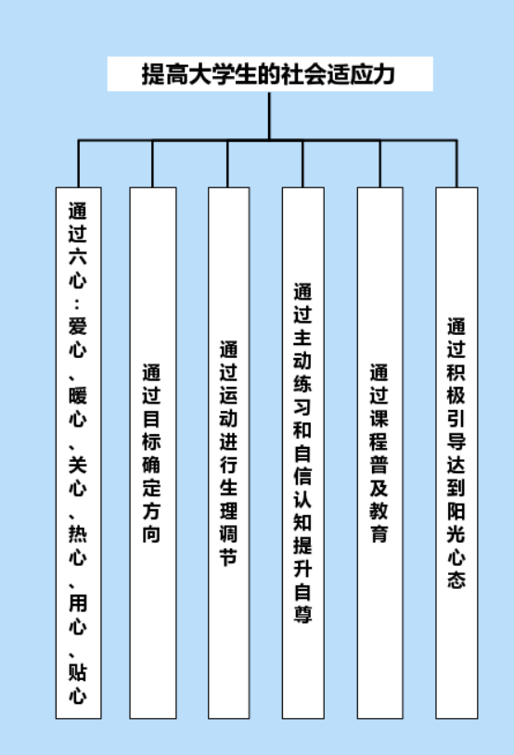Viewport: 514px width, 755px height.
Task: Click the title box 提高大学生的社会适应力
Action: click(x=270, y=73)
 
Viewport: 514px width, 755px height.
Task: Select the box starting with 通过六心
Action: click(x=79, y=453)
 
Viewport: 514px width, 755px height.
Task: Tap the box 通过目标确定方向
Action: click(x=153, y=453)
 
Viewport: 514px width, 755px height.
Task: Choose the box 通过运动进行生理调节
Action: click(x=229, y=453)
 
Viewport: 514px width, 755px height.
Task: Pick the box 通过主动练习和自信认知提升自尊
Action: click(x=303, y=453)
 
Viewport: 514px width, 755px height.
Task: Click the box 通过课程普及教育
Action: click(x=379, y=453)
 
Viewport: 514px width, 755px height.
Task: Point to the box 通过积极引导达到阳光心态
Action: click(x=456, y=453)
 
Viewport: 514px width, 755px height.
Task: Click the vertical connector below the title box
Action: click(x=269, y=116)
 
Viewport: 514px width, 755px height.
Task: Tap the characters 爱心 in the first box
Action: click(x=78, y=337)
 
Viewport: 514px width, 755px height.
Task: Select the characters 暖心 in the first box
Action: click(x=78, y=406)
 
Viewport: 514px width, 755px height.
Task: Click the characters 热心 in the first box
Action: click(x=78, y=545)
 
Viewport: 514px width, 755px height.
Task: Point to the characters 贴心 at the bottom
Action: click(x=78, y=684)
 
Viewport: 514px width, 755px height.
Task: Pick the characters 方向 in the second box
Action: click(x=151, y=522)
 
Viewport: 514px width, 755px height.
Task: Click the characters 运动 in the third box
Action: click(x=228, y=406)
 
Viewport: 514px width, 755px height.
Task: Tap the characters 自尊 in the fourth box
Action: click(x=302, y=603)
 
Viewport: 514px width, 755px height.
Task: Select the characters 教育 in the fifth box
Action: click(x=379, y=522)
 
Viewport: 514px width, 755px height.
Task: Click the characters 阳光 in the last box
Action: click(x=456, y=522)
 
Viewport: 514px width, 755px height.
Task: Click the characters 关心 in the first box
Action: click(x=78, y=476)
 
